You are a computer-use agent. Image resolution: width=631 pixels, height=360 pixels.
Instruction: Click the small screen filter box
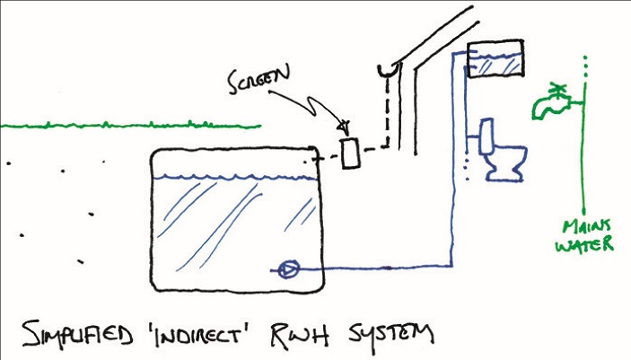pyautogui.click(x=349, y=154)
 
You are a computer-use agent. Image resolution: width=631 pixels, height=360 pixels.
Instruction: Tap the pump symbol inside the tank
pyautogui.click(x=290, y=268)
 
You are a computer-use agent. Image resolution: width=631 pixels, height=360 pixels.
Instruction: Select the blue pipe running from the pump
pyautogui.click(x=377, y=268)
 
